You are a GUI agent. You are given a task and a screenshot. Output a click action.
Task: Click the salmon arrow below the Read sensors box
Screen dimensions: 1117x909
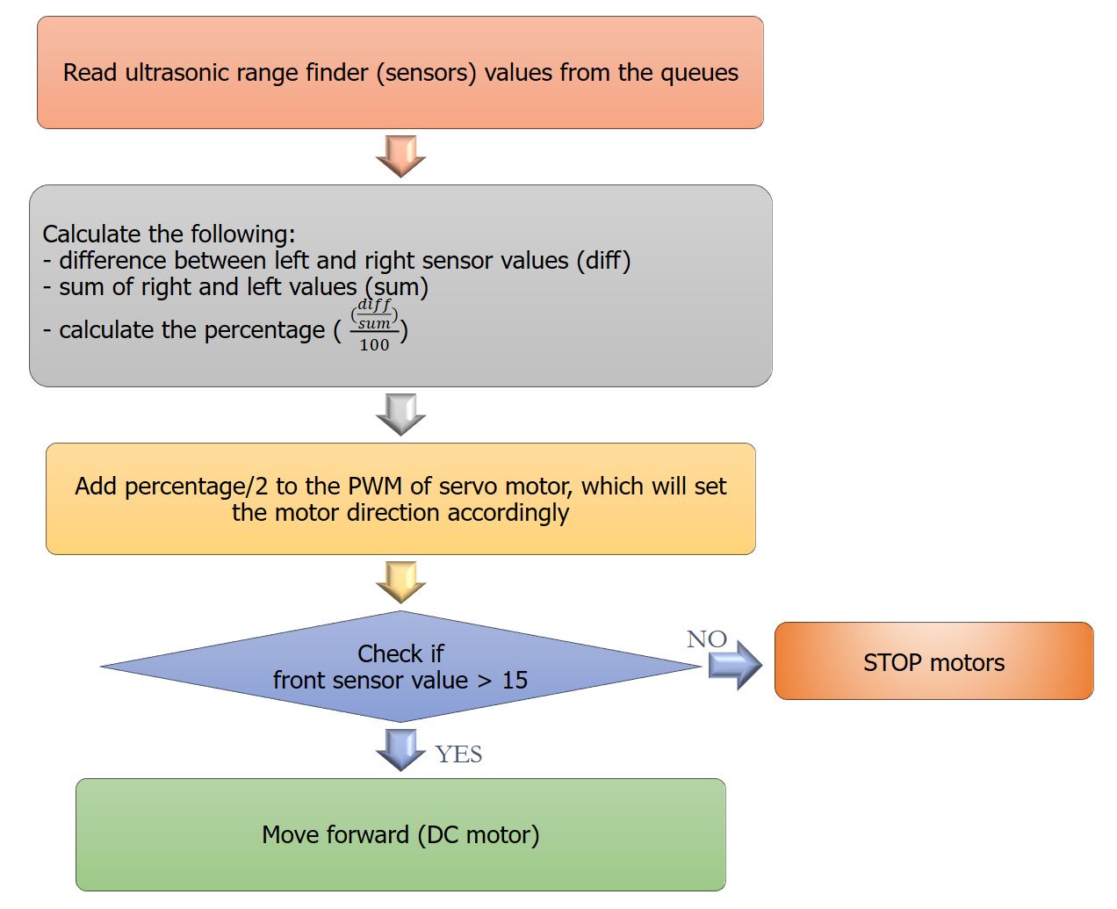(400, 156)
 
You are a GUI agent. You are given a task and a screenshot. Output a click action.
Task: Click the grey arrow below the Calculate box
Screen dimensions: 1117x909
(400, 415)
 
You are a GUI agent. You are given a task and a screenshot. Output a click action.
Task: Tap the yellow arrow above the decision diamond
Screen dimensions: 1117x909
(400, 582)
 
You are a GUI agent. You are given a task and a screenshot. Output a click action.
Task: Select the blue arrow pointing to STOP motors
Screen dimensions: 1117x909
(735, 665)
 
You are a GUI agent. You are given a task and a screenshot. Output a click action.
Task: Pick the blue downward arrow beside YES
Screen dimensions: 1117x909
(400, 750)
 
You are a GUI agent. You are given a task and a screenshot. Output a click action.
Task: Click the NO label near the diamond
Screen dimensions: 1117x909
(706, 639)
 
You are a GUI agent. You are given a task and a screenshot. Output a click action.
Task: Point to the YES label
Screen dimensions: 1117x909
(458, 754)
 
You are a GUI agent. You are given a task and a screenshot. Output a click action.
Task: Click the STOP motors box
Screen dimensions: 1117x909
(934, 661)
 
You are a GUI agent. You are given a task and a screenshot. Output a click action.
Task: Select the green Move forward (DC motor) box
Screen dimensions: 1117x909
(400, 834)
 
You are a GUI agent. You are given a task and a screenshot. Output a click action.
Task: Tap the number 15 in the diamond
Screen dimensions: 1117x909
(515, 681)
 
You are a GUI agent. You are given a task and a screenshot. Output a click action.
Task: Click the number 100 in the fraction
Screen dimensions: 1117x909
(374, 344)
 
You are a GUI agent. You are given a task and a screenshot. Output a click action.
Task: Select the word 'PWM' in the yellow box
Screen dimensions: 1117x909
(375, 487)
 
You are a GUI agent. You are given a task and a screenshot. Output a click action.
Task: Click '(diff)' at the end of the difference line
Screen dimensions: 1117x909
(603, 261)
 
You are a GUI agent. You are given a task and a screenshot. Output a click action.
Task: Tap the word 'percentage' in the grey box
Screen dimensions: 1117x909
(264, 331)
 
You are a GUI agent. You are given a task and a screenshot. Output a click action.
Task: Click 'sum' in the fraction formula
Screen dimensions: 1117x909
(374, 323)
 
